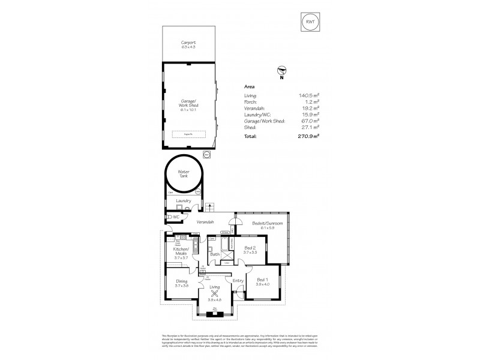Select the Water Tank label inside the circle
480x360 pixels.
183,174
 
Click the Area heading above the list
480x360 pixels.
249,86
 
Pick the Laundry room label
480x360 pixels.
183,201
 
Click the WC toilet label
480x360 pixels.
176,217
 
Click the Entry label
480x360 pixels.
238,280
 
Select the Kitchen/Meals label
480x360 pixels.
182,251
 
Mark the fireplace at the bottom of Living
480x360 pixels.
214,312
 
